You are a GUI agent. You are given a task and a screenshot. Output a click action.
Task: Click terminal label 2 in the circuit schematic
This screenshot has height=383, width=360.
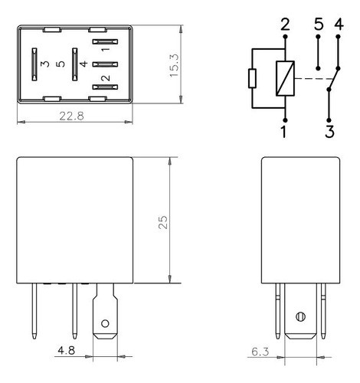(285, 25)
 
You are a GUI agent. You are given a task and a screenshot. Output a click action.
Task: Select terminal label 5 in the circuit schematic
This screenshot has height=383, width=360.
(318, 25)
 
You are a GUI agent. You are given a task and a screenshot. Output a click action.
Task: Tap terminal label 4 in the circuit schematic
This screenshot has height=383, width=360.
(339, 25)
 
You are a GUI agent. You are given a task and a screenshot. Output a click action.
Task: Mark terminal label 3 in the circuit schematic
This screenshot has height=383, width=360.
(329, 131)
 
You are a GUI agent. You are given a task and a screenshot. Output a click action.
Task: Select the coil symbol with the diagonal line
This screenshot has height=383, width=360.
(285, 78)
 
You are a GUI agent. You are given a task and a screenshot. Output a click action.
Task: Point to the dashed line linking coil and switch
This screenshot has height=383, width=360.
(313, 78)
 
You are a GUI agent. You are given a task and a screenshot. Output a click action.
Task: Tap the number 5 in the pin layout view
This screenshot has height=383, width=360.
(60, 64)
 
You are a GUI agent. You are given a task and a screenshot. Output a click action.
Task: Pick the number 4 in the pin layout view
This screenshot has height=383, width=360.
(83, 64)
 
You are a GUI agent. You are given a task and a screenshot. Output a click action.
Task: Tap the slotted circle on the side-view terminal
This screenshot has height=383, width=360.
(299, 316)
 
